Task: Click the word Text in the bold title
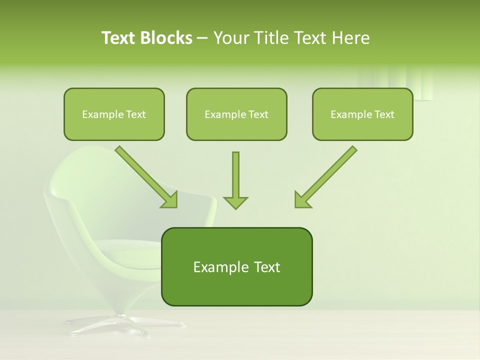pyautogui.click(x=120, y=38)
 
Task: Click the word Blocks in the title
pyautogui.click(x=166, y=38)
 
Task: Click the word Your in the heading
pyautogui.click(x=230, y=38)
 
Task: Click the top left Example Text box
pyautogui.click(x=114, y=114)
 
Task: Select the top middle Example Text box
pyautogui.click(x=236, y=114)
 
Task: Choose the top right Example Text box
pyautogui.click(x=362, y=114)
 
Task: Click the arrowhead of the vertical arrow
pyautogui.click(x=235, y=202)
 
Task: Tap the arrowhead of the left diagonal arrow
pyautogui.click(x=170, y=200)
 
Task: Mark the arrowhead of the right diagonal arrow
pyautogui.click(x=302, y=200)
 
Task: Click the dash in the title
pyautogui.click(x=202, y=38)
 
